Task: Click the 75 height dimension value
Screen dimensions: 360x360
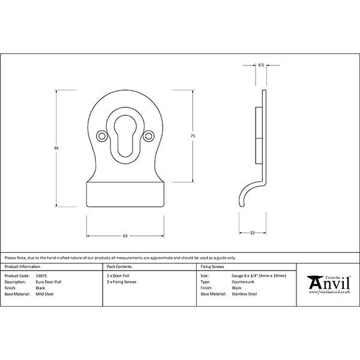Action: coord(193,136)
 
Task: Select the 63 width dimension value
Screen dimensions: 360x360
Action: coord(125,235)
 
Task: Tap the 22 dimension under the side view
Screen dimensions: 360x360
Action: coord(253,232)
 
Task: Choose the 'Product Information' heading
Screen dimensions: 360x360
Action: coord(22,266)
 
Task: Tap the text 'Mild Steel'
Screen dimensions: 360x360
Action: coord(46,294)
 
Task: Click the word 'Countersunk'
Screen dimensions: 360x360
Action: coord(244,281)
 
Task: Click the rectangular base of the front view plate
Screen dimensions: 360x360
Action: coord(125,196)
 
